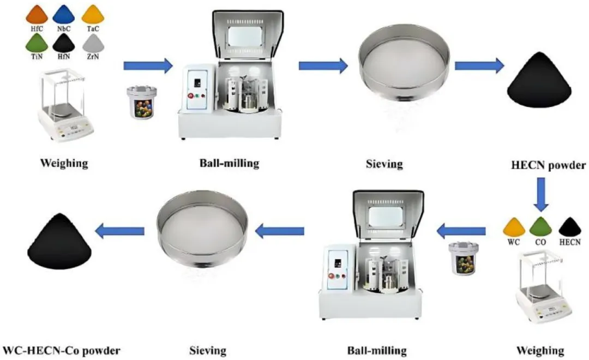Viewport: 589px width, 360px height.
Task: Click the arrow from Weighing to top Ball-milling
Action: (x=148, y=66)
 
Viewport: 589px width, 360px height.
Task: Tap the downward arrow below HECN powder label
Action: (x=540, y=194)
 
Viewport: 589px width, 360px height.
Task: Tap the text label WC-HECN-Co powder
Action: (x=62, y=349)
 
